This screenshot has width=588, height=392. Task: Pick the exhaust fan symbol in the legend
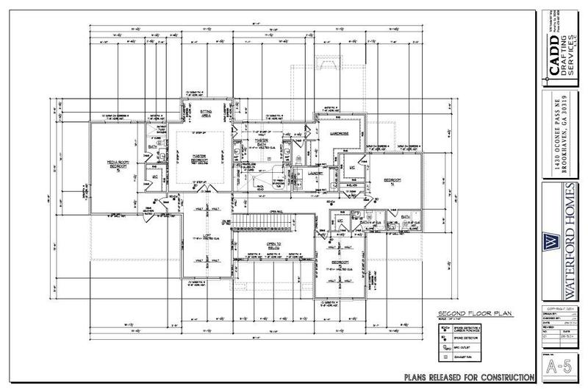point(445,358)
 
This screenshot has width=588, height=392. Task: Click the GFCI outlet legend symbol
point(445,345)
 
